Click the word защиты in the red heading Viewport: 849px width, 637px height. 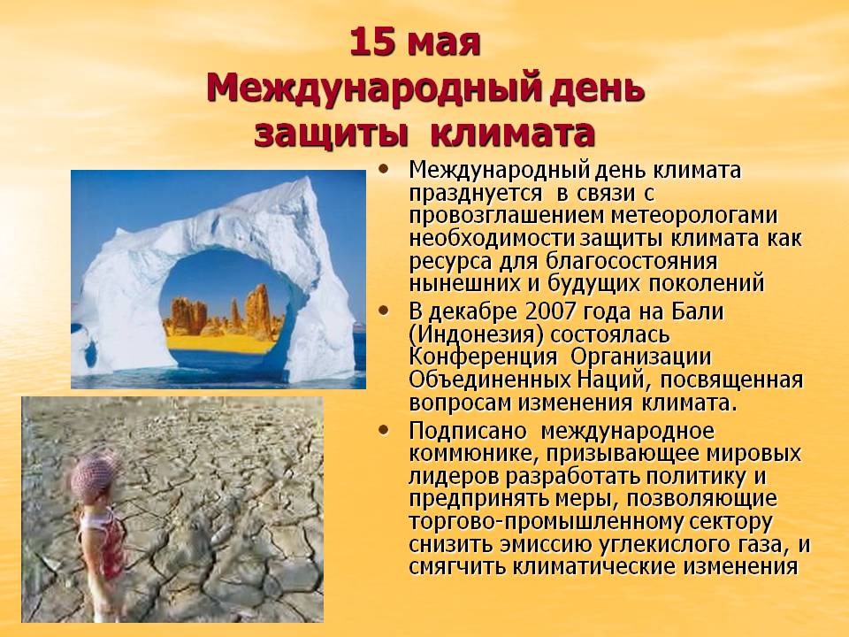(x=330, y=134)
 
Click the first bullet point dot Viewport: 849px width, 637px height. (x=384, y=169)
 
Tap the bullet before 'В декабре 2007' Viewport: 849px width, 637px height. (x=384, y=311)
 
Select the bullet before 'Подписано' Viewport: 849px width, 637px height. (x=384, y=430)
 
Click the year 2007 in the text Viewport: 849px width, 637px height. (x=552, y=312)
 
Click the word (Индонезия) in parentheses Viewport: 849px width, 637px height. (x=476, y=335)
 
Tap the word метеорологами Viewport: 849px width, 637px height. (x=694, y=216)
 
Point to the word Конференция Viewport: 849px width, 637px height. (x=483, y=358)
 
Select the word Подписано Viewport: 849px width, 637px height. (x=468, y=432)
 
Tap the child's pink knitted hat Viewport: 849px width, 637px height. (x=94, y=476)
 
